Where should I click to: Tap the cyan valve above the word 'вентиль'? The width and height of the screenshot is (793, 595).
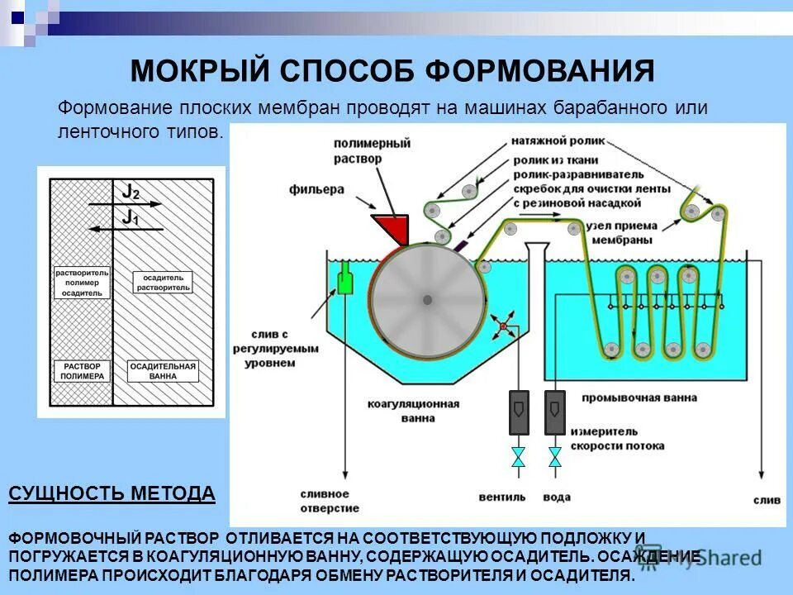point(518,456)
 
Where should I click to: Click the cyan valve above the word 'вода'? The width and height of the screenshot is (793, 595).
point(555,456)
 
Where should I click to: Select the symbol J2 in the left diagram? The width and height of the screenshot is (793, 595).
point(131,191)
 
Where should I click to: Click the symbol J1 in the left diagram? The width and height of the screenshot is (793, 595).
point(130,217)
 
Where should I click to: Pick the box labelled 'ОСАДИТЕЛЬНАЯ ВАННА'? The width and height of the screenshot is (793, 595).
point(164,370)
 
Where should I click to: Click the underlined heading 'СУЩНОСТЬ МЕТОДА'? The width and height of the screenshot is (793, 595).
point(112,494)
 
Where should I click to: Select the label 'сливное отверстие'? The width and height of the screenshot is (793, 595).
point(326,502)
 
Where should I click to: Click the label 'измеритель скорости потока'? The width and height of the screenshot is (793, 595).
point(626,439)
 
